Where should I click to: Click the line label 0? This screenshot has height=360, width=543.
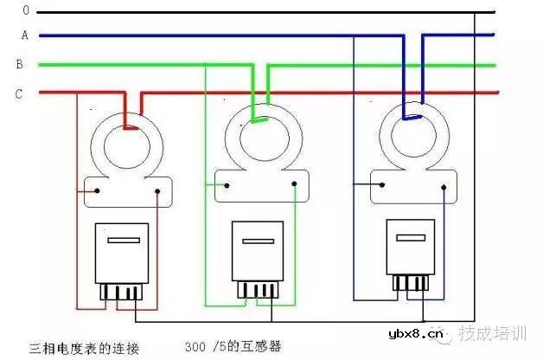(27, 10)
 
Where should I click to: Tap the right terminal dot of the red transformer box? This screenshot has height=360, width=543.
(157, 190)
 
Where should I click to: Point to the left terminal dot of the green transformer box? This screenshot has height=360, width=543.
(226, 183)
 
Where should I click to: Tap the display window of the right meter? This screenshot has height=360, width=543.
(408, 232)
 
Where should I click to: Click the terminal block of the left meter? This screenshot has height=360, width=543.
(122, 292)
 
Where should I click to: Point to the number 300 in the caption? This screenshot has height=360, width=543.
(196, 347)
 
